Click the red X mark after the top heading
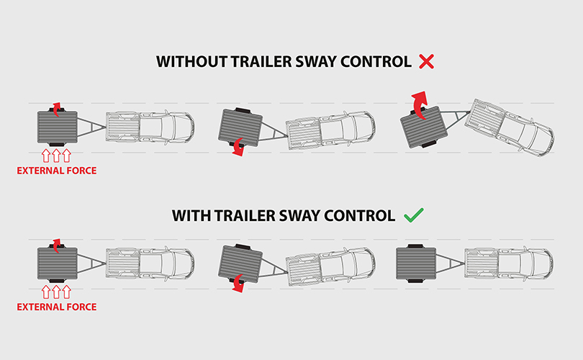pyautogui.click(x=426, y=62)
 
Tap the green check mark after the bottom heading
pyautogui.click(x=414, y=215)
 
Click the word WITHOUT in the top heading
pyautogui.click(x=191, y=62)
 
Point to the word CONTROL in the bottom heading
pyautogui.click(x=360, y=216)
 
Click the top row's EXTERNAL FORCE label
pyautogui.click(x=57, y=171)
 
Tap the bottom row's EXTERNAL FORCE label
pyautogui.click(x=57, y=307)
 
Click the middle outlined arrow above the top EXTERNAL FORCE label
pyautogui.click(x=56, y=156)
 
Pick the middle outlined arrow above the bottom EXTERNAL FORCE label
pyautogui.click(x=56, y=292)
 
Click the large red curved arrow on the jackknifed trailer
pyautogui.click(x=420, y=104)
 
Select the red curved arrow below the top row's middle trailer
pyautogui.click(x=238, y=148)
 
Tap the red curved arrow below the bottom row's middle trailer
pyautogui.click(x=238, y=284)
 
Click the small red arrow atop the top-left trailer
pyautogui.click(x=55, y=109)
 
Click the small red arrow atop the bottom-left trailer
pyautogui.click(x=55, y=246)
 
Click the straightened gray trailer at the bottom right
pyautogui.click(x=416, y=264)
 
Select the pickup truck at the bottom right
pyautogui.click(x=509, y=264)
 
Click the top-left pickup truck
pyautogui.click(x=150, y=127)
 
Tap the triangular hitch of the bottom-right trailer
pyautogui.click(x=451, y=264)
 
